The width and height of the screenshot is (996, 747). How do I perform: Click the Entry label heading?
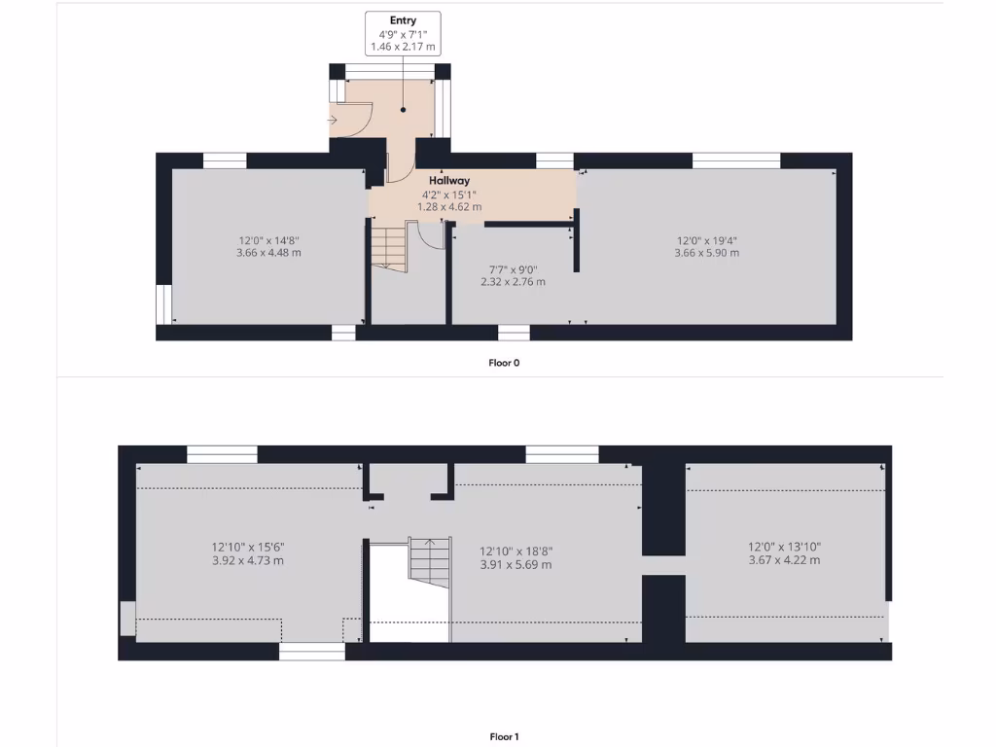(x=403, y=20)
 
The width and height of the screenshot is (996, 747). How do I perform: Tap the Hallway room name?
(x=449, y=180)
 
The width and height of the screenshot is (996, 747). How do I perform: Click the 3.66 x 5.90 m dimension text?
(x=706, y=253)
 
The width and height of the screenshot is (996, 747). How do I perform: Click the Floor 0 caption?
(x=504, y=363)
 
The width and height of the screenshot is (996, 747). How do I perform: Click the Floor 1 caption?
(x=504, y=736)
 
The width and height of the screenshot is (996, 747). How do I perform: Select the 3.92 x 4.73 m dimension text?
(x=248, y=560)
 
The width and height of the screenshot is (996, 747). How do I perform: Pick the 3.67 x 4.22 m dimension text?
(x=783, y=560)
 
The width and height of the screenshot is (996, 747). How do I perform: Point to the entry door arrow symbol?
(x=333, y=121)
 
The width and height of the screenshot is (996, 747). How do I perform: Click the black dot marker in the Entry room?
(x=403, y=110)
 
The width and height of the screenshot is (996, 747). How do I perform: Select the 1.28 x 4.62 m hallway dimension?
(x=449, y=206)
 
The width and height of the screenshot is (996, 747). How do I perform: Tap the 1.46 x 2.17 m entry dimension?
(x=403, y=48)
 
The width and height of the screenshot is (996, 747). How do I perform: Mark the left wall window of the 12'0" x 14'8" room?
(x=162, y=303)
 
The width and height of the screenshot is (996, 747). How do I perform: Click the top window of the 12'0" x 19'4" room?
(x=735, y=160)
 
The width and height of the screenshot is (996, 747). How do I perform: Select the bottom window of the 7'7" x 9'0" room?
(x=514, y=333)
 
